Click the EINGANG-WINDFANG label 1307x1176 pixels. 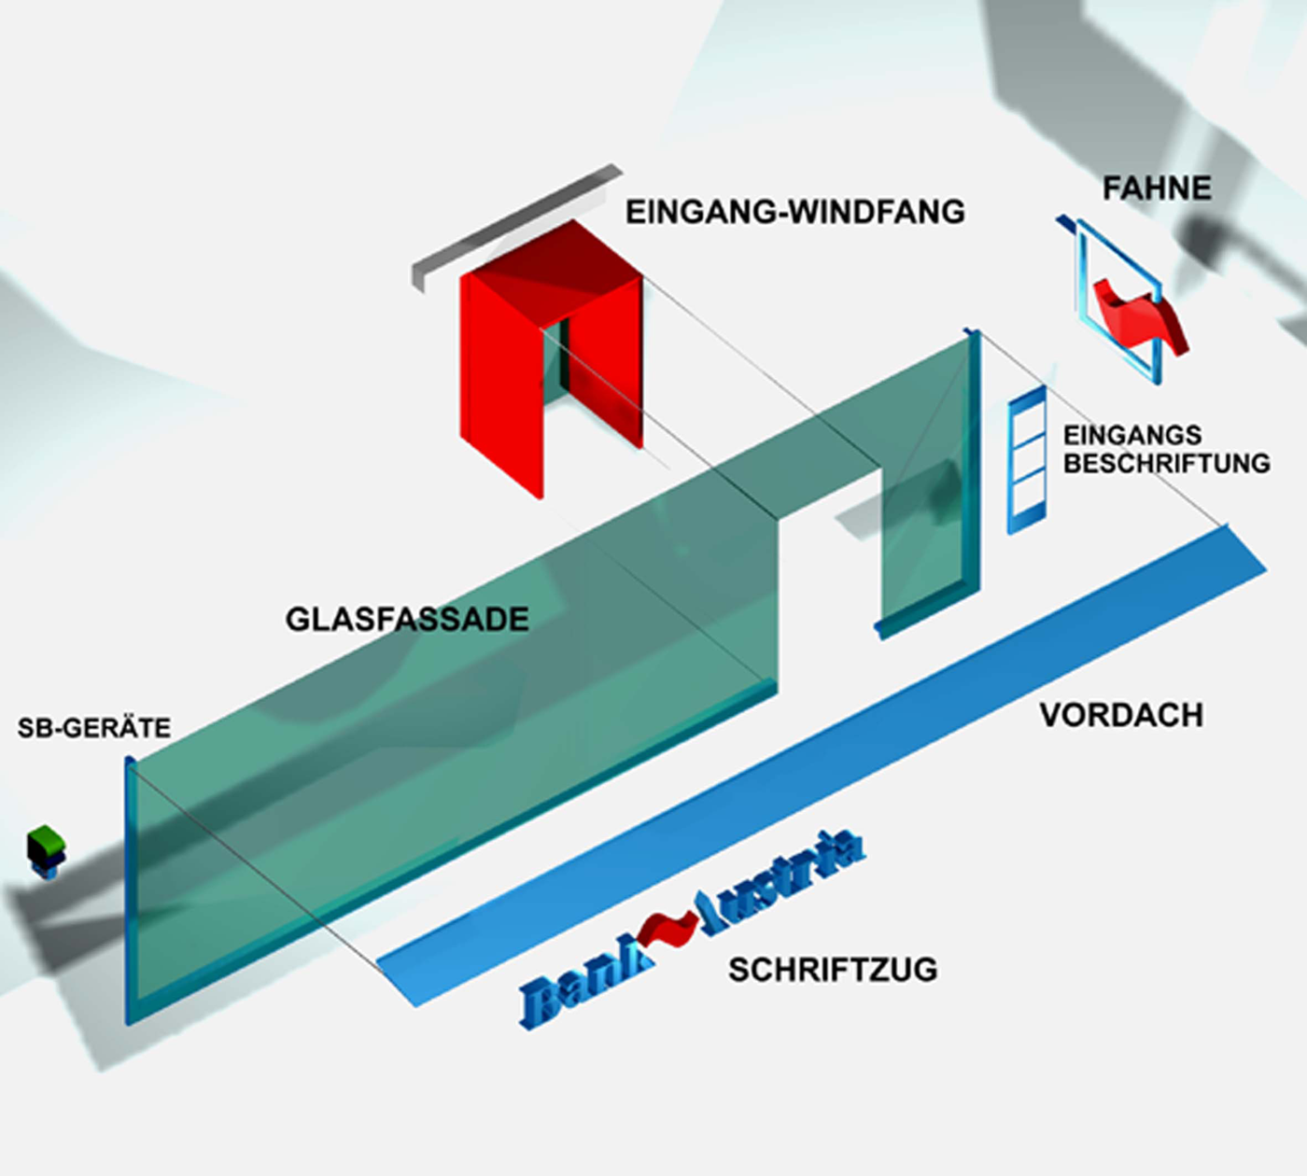click(x=794, y=212)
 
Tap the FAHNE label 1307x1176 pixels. click(x=1156, y=189)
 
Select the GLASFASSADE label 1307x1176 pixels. click(x=407, y=619)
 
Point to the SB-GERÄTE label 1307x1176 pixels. click(x=94, y=728)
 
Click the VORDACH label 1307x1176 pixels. click(x=1121, y=715)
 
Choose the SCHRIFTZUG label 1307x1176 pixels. click(x=833, y=970)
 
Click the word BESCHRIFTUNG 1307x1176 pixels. click(x=1166, y=463)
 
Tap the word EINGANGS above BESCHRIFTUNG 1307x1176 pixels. click(x=1132, y=435)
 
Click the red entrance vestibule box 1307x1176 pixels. click(x=499, y=373)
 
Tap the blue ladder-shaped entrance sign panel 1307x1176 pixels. click(x=1025, y=462)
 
